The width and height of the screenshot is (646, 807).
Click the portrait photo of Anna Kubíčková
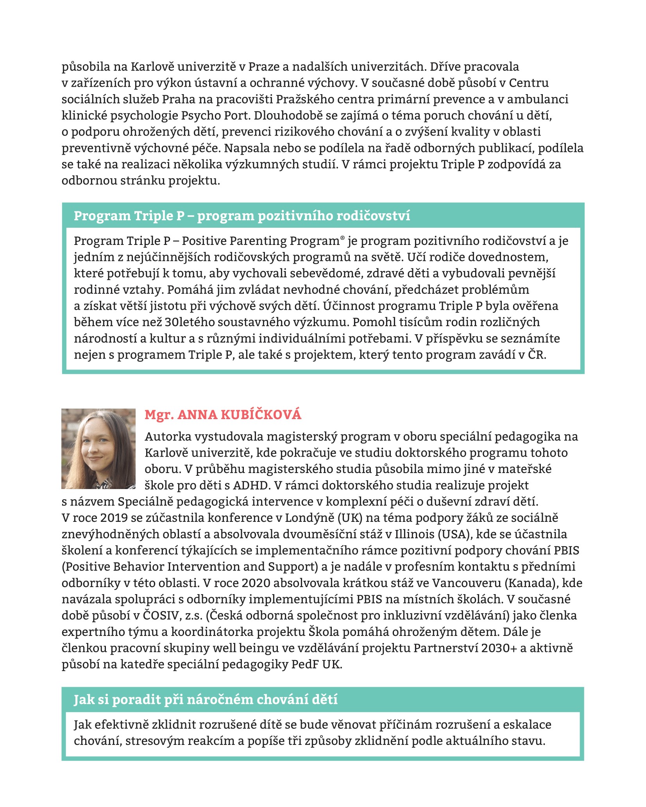pyautogui.click(x=98, y=448)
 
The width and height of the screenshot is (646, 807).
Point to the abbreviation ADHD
pyautogui.click(x=251, y=485)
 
